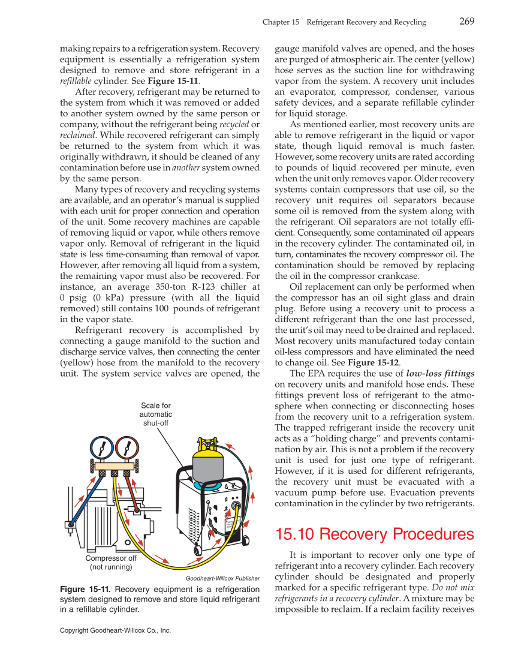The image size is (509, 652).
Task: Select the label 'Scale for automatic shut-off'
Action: (155, 414)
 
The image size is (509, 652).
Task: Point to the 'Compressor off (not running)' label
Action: (111, 562)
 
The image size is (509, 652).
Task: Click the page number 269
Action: (467, 22)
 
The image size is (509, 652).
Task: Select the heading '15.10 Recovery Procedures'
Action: (374, 534)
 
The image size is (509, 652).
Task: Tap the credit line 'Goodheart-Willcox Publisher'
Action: (222, 578)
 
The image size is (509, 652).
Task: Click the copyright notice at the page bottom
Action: (116, 630)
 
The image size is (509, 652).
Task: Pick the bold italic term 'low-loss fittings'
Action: (440, 373)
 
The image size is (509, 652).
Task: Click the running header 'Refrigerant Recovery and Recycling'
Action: (366, 22)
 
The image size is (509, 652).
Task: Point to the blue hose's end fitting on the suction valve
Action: (71, 525)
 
